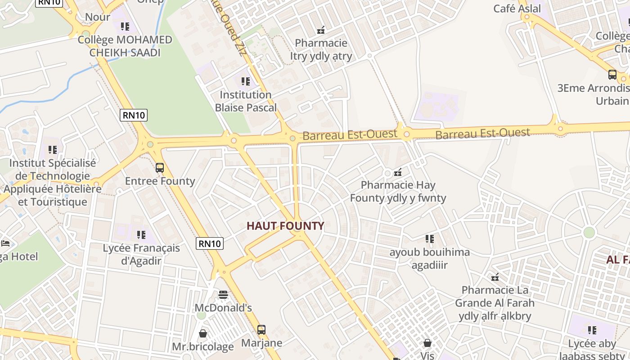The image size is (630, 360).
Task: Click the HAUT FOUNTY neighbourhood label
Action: coord(285,226)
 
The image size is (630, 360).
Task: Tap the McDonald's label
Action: coord(223,308)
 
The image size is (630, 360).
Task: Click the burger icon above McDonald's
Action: coord(223,295)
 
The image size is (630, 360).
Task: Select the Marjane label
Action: coord(261,343)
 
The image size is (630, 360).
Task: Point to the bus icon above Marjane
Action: coord(261,330)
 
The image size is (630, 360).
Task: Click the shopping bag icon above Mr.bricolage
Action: coord(203,333)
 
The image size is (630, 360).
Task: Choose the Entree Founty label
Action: coord(160,181)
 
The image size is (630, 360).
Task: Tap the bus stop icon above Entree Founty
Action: coord(160,168)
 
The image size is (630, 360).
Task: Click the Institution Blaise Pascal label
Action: coord(246,101)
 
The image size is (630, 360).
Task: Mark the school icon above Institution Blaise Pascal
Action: coord(246,81)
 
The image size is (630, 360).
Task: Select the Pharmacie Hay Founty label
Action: coord(398,191)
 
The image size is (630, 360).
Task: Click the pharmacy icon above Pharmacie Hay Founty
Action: coord(398,172)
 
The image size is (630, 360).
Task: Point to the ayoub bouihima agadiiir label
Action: coord(429,258)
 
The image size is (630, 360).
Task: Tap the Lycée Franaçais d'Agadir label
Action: coord(141,254)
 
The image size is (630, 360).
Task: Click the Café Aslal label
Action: coord(517,9)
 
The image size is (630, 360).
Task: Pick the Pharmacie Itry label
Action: coord(321,49)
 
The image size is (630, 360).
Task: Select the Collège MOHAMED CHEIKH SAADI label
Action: coord(125,46)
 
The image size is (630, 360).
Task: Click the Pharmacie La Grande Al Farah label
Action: coord(495,302)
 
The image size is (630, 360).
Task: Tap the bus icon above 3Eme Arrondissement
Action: coord(612,75)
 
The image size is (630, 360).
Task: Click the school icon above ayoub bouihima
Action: coord(429,239)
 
